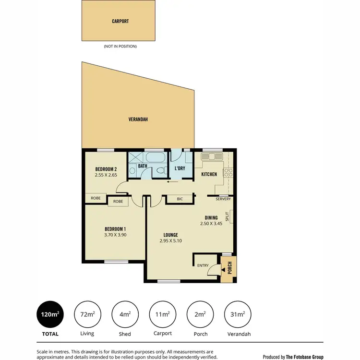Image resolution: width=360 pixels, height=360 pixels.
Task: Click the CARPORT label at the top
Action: pos(120,21)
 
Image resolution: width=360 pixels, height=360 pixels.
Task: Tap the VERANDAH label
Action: pos(137,119)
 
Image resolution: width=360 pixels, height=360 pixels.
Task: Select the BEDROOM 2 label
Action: pos(106,169)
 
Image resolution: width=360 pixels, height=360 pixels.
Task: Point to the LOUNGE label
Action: pos(170,235)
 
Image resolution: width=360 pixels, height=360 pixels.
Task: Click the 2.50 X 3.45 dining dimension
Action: pos(212,224)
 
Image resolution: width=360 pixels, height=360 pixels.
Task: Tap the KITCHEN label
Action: pos(209,174)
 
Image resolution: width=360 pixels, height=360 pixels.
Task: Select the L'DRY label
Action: pos(180,168)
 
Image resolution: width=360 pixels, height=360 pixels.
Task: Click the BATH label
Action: pos(143,166)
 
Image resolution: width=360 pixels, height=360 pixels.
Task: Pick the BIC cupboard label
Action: pos(180,199)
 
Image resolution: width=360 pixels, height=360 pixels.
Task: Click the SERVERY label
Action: pos(223,199)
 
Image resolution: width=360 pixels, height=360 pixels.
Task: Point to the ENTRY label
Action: pos(202,265)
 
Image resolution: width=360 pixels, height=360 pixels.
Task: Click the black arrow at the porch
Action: pos(223,271)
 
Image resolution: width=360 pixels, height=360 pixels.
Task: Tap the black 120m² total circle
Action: pos(50,314)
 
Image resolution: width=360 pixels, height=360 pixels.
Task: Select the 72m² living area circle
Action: pos(87,314)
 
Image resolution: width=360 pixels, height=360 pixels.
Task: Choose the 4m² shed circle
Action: pos(125,314)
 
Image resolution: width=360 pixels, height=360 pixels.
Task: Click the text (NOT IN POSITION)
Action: pos(120,47)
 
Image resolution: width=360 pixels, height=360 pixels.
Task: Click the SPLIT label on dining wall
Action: pos(228,216)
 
